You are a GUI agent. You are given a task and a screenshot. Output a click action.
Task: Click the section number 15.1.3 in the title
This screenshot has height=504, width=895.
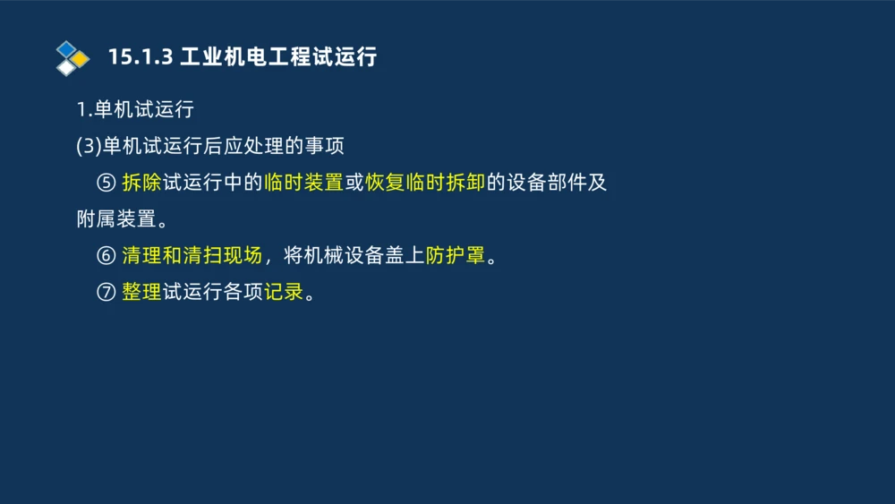click(x=139, y=57)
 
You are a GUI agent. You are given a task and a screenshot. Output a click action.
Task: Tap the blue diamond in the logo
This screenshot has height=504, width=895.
click(x=66, y=48)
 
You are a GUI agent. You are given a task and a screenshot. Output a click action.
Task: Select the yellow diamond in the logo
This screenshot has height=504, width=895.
click(x=80, y=59)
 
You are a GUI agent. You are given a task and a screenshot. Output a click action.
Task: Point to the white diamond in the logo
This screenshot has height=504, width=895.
click(x=66, y=67)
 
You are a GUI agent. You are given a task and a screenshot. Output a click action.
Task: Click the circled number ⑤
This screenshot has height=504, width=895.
click(x=106, y=183)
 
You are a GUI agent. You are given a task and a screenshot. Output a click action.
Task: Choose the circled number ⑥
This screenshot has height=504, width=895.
click(x=106, y=255)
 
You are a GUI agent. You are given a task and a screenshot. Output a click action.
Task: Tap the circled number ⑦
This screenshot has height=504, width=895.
click(x=106, y=292)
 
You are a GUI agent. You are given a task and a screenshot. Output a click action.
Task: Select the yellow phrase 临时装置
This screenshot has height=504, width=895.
click(x=304, y=183)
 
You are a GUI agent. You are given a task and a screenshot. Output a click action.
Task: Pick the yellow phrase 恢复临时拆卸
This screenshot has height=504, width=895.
click(x=425, y=183)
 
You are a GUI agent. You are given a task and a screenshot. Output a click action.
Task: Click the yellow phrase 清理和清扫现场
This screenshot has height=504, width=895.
click(x=192, y=255)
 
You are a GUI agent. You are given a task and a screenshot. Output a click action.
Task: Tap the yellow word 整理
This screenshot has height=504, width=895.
click(x=141, y=292)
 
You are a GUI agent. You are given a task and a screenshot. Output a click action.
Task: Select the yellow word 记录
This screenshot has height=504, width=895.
click(x=284, y=292)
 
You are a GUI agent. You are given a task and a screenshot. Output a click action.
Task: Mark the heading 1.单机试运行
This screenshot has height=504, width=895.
click(x=135, y=110)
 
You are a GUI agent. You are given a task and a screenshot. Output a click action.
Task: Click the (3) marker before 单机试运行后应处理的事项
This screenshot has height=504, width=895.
click(x=89, y=146)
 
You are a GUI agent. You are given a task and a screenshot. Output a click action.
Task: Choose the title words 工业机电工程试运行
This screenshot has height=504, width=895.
click(x=278, y=57)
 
